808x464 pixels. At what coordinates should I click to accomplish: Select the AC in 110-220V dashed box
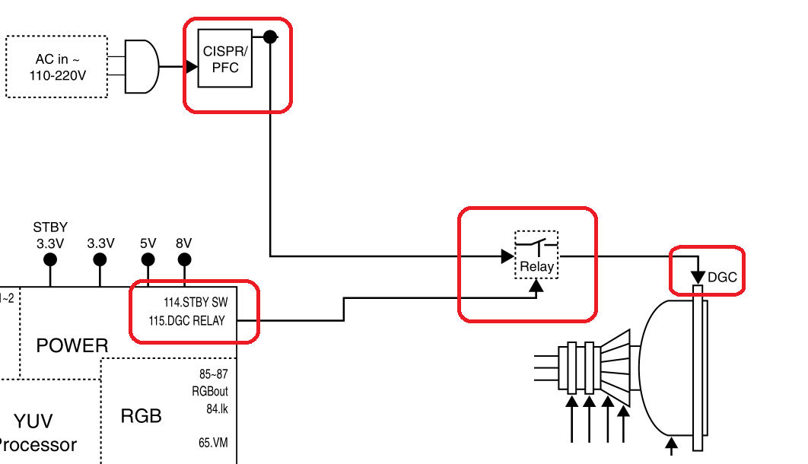click(56, 66)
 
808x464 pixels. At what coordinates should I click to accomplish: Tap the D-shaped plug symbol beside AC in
click(142, 67)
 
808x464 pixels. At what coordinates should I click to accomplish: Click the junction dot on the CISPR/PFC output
click(269, 36)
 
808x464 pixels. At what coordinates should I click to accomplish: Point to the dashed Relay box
click(536, 255)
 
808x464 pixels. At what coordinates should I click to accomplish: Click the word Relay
click(536, 267)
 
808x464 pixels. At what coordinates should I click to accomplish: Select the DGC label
click(722, 278)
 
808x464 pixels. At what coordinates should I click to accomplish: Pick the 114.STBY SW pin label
click(196, 302)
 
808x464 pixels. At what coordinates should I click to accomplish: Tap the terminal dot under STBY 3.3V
click(50, 260)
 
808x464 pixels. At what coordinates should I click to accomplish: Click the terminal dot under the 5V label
click(148, 260)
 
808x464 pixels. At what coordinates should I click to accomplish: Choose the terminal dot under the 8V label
click(184, 260)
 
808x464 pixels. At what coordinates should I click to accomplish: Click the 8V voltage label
click(184, 243)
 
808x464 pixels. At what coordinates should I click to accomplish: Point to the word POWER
click(72, 346)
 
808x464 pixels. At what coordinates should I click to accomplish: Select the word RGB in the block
click(141, 416)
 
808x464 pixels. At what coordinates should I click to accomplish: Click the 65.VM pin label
click(213, 443)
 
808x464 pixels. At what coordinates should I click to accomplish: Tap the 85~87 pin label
click(212, 374)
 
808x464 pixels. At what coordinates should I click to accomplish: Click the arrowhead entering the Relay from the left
click(507, 256)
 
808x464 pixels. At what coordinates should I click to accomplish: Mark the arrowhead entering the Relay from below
click(536, 287)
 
